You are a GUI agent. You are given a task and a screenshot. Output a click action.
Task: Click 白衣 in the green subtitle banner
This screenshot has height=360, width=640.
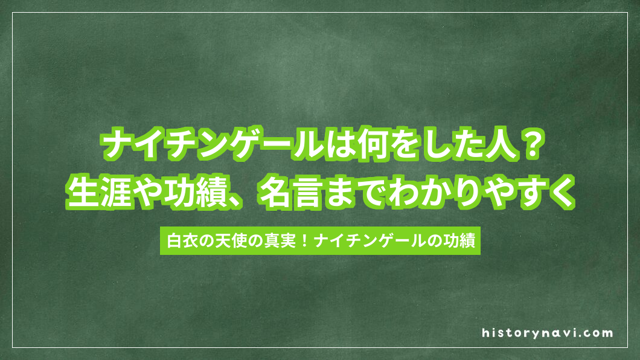(179, 240)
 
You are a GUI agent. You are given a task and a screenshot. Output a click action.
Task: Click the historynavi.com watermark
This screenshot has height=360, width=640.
(548, 332)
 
